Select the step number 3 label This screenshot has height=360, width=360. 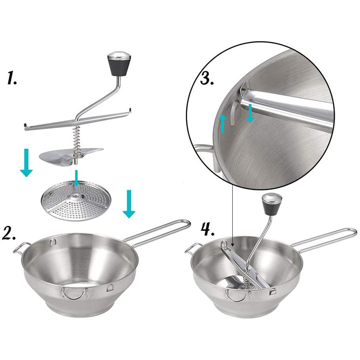[x=207, y=79]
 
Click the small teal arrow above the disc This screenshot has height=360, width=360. [x=77, y=177]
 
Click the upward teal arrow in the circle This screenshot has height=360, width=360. [x=223, y=122]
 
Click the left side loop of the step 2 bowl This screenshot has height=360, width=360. [x=21, y=247]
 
